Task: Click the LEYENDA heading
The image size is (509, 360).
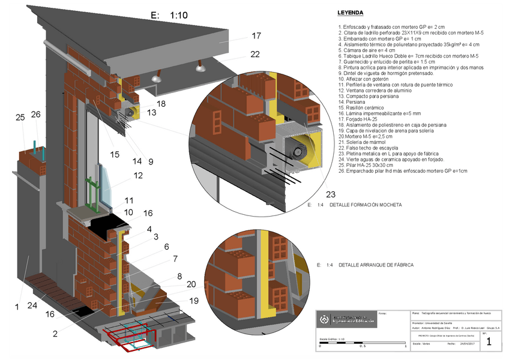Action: click(x=350, y=12)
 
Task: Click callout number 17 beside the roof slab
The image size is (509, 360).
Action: click(x=256, y=36)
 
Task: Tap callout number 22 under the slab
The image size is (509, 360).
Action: click(x=255, y=55)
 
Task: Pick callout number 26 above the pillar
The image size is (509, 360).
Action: click(x=35, y=114)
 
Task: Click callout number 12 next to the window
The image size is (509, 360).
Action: click(x=139, y=176)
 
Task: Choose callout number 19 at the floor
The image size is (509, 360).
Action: click(x=194, y=300)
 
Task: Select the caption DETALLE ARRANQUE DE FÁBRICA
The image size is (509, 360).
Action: click(x=376, y=265)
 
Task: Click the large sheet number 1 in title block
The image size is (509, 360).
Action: click(x=489, y=342)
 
